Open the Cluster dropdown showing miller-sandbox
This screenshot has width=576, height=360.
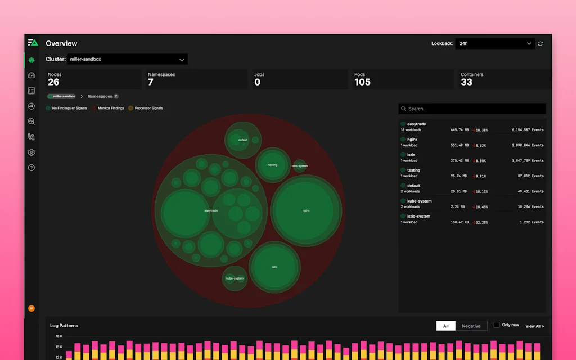pos(127,59)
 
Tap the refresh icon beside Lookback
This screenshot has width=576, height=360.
pos(541,43)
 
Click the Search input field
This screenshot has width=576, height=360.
pos(472,109)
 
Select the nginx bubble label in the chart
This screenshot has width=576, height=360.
pos(306,210)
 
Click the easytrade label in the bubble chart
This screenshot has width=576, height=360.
pos(211,210)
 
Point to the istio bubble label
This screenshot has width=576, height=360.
pos(274,267)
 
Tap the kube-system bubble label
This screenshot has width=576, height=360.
pos(235,278)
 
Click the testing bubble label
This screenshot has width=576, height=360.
pos(273,165)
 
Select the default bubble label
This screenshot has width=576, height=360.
pos(243,140)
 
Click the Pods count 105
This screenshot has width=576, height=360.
pos(362,82)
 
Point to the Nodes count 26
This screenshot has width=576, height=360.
pos(53,82)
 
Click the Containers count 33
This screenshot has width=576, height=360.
pos(466,82)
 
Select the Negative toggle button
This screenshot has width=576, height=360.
pos(471,326)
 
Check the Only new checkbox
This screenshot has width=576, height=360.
pos(497,325)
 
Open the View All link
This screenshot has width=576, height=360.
pos(534,326)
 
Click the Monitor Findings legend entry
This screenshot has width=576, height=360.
pos(110,108)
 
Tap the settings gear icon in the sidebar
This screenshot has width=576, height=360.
pos(31,152)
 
